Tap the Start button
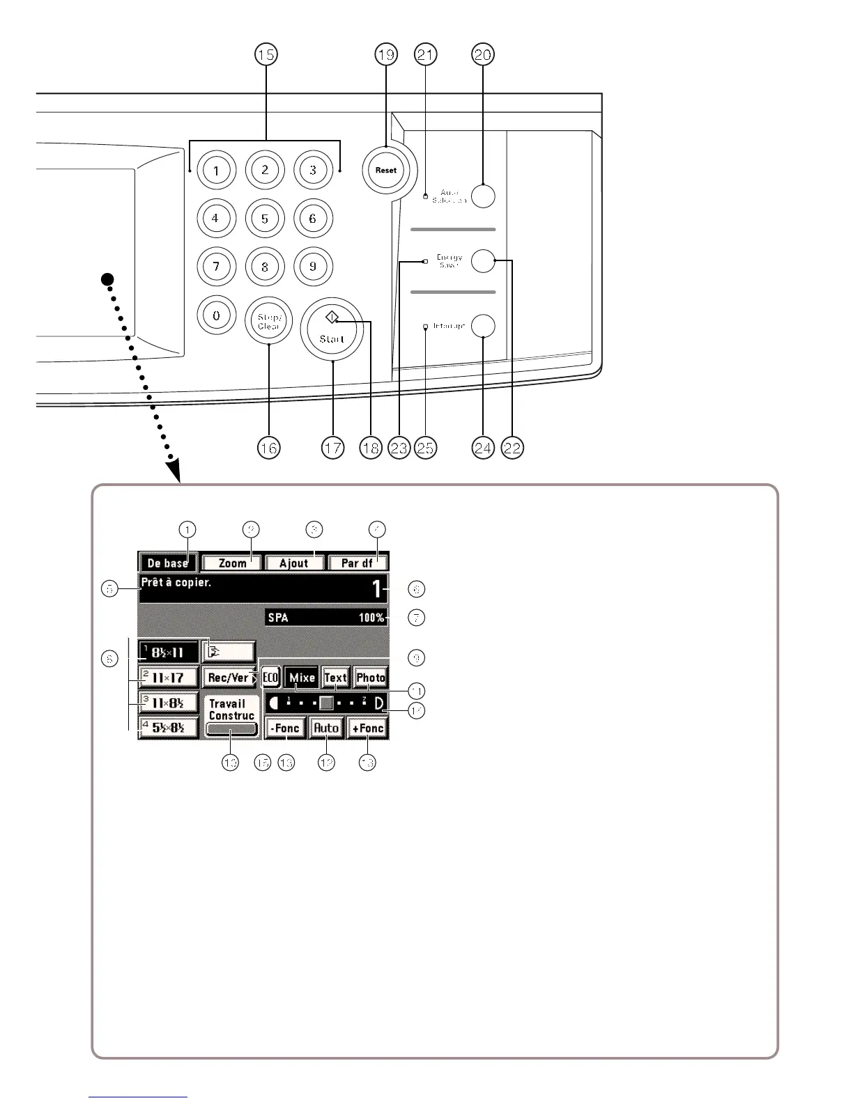(332, 330)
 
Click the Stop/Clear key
(268, 322)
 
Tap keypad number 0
(216, 315)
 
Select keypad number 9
(313, 266)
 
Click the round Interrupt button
(483, 326)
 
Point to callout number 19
(385, 54)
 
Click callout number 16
(268, 448)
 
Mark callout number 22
(512, 448)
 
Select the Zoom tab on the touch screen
(233, 563)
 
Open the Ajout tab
(293, 563)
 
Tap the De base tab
(168, 563)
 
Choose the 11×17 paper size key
(168, 677)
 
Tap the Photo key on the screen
(371, 678)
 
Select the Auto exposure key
(325, 728)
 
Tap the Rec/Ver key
(229, 678)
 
